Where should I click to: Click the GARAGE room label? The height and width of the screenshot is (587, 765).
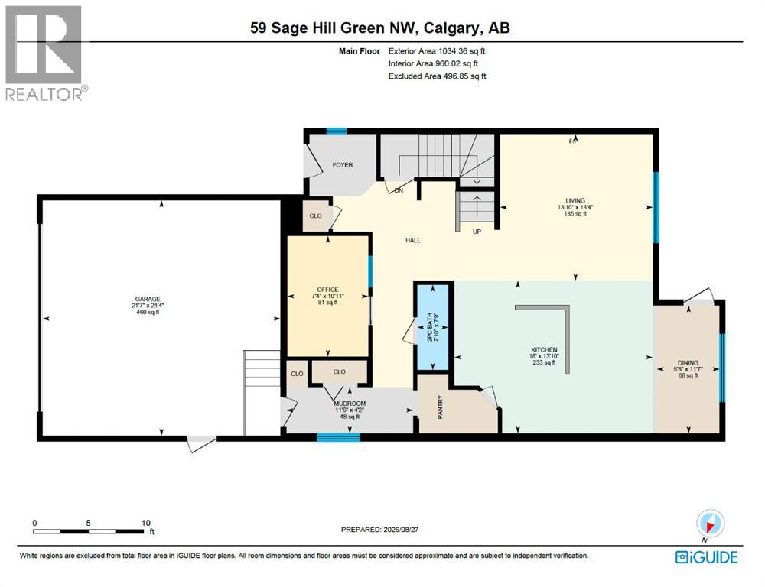pyautogui.click(x=148, y=300)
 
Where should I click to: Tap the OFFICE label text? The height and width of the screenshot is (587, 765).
pyautogui.click(x=327, y=290)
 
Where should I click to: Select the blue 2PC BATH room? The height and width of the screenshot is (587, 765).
pyautogui.click(x=431, y=326)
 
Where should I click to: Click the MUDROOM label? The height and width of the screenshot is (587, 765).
pyautogui.click(x=350, y=404)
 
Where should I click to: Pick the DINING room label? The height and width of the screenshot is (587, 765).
pyautogui.click(x=688, y=363)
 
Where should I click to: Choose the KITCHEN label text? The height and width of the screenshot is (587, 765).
pyautogui.click(x=544, y=349)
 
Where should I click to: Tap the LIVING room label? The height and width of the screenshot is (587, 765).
pyautogui.click(x=575, y=200)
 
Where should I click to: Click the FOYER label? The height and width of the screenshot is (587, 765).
pyautogui.click(x=343, y=165)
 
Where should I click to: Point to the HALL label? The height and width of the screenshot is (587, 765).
pyautogui.click(x=413, y=240)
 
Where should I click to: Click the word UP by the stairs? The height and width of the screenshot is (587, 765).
pyautogui.click(x=477, y=232)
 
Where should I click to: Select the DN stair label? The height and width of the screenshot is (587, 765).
pyautogui.click(x=399, y=190)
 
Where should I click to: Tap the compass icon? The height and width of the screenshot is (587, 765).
pyautogui.click(x=711, y=524)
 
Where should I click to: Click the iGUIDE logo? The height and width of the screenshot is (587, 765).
pyautogui.click(x=706, y=557)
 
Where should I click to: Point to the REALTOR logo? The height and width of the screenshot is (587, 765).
pyautogui.click(x=47, y=53)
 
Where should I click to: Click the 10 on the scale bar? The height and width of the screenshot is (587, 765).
pyautogui.click(x=146, y=523)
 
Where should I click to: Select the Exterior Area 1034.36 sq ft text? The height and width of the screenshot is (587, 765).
pyautogui.click(x=437, y=50)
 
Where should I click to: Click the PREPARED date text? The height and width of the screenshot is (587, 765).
pyautogui.click(x=379, y=529)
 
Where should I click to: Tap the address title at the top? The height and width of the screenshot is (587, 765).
pyautogui.click(x=380, y=28)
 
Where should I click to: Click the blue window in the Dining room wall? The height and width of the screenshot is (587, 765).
pyautogui.click(x=723, y=368)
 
